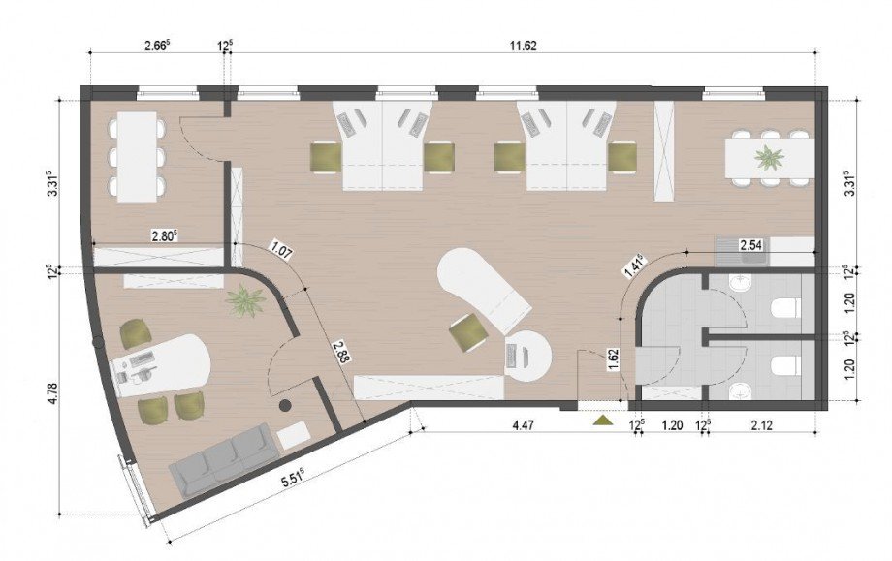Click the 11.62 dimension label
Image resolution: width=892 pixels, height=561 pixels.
(523, 47)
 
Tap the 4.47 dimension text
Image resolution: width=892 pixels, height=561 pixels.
(523, 425)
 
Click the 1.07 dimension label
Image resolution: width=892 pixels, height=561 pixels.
(281, 250)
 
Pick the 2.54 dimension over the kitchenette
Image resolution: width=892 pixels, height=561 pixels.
(750, 245)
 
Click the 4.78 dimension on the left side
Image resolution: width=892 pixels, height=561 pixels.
(53, 393)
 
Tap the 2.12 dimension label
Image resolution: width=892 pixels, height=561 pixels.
(762, 425)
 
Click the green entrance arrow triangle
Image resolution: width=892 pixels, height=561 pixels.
(602, 421)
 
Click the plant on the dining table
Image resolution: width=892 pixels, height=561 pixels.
(769, 157)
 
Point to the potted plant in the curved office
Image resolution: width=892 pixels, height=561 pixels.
(245, 300)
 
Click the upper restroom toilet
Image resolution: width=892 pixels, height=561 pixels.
(785, 309)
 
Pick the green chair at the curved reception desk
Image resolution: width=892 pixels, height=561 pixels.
(468, 333)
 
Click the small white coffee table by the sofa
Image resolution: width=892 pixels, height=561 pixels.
(294, 435)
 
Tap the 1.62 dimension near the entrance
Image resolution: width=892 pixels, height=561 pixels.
(613, 359)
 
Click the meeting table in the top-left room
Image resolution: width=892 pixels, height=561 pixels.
(137, 157)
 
